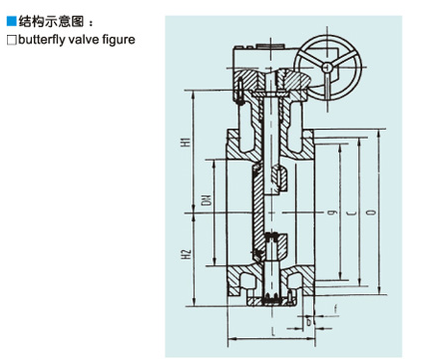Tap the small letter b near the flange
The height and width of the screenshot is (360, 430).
click(x=308, y=321)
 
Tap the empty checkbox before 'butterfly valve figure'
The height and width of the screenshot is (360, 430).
click(x=11, y=40)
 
